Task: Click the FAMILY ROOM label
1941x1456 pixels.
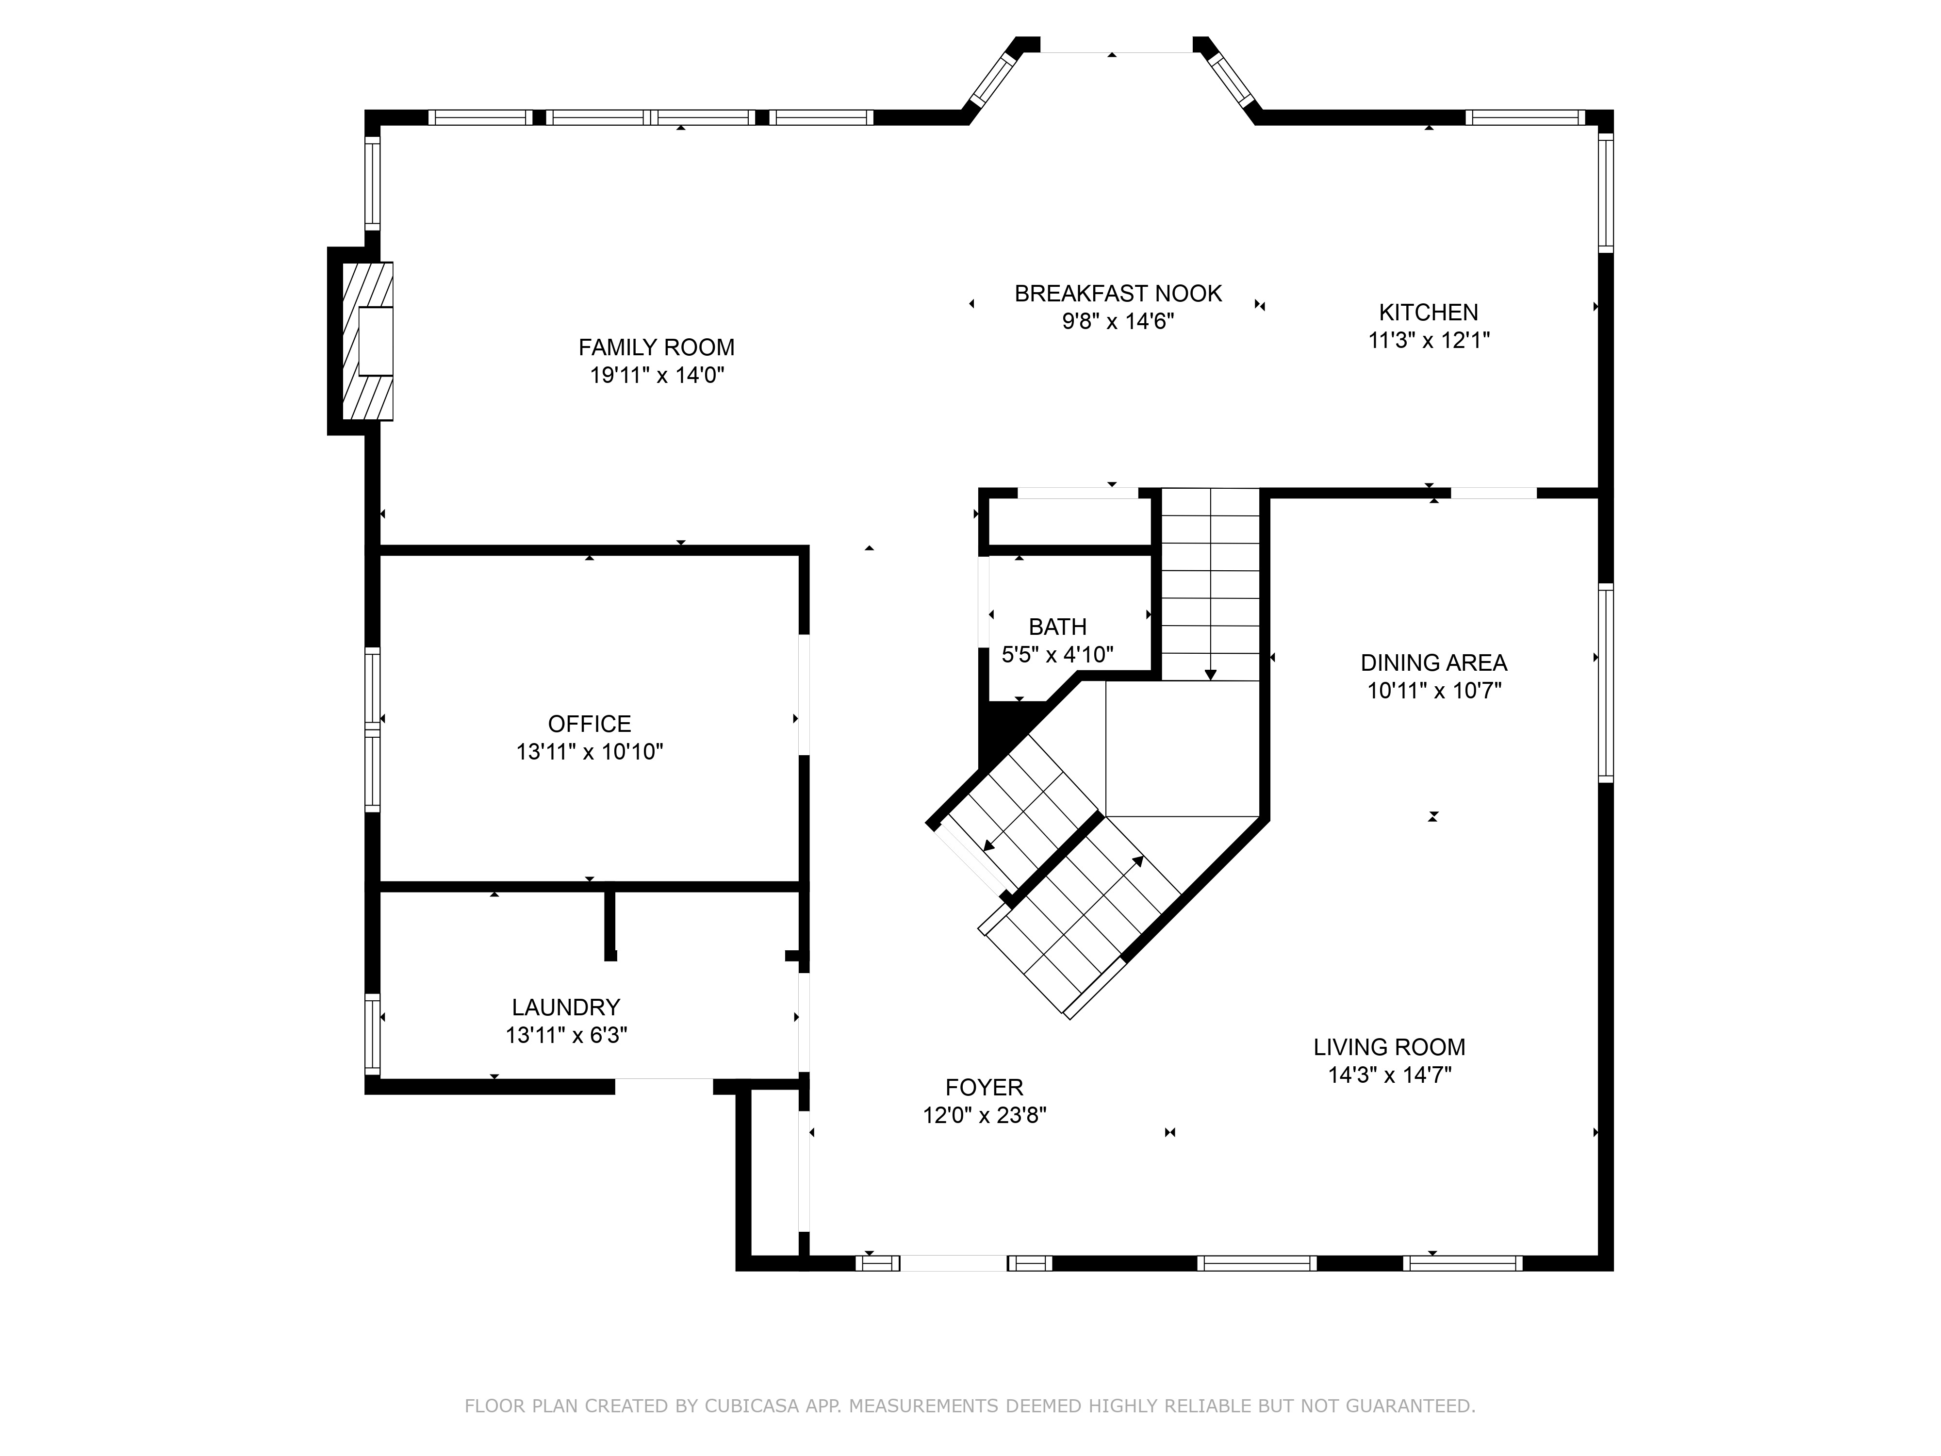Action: click(657, 347)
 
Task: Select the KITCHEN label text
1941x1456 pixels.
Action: click(1429, 313)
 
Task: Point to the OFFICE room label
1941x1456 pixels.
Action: click(590, 724)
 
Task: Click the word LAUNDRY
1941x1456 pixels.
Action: click(566, 1008)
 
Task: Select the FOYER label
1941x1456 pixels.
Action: click(985, 1088)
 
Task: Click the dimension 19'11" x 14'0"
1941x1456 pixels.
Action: click(657, 376)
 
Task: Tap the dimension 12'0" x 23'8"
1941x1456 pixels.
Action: click(985, 1115)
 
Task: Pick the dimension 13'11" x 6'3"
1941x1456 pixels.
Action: click(566, 1036)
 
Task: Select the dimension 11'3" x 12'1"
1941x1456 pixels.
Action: click(1429, 341)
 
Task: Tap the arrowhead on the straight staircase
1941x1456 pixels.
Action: click(1211, 674)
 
